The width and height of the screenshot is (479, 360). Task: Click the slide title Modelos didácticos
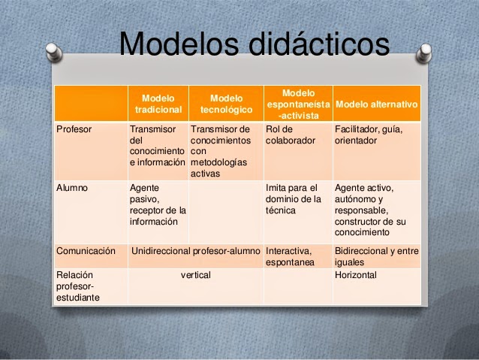point(254,44)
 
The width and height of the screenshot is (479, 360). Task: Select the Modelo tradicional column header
point(158,104)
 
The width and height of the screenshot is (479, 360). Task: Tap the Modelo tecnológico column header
point(226,104)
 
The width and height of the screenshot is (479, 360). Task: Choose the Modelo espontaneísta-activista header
point(297,104)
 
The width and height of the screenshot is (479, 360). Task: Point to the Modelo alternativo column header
point(376,104)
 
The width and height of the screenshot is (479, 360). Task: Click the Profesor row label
point(74,129)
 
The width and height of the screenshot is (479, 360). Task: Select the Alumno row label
point(72,188)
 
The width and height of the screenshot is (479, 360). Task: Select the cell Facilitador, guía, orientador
point(369,135)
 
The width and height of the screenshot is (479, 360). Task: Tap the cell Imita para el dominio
point(294,199)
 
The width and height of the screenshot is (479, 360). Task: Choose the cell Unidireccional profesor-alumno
point(195,252)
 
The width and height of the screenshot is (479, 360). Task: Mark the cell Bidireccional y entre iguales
point(376,257)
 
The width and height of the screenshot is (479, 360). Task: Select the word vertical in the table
point(195,276)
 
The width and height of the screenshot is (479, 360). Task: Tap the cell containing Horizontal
point(356,276)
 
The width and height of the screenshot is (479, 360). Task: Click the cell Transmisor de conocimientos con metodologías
point(222,151)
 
